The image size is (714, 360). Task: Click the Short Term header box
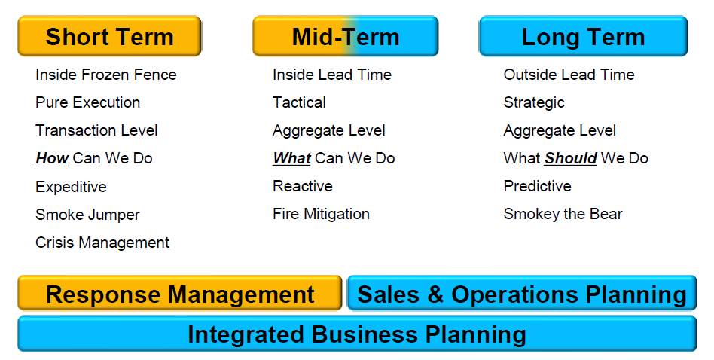tap(109, 36)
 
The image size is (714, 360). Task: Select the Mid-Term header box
tap(346, 36)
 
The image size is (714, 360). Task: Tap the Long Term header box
tap(583, 36)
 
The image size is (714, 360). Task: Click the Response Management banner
tap(180, 294)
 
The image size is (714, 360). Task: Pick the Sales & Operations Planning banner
tap(522, 294)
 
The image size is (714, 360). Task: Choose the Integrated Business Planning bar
tap(357, 334)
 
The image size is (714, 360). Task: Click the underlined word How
tap(52, 158)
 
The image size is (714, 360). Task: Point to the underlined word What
tap(292, 158)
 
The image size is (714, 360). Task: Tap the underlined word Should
tap(571, 158)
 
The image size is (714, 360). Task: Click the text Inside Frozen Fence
tap(106, 75)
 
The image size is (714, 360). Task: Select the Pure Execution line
tap(88, 103)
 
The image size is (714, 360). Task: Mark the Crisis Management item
tap(102, 243)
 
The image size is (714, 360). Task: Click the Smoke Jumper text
tap(88, 215)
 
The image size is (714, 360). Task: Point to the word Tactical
tap(299, 102)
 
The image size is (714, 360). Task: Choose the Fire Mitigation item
tap(321, 214)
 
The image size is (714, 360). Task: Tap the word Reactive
tap(303, 186)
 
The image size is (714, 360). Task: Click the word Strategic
tap(534, 103)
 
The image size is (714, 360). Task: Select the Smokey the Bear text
tap(563, 214)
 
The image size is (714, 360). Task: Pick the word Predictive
tap(538, 186)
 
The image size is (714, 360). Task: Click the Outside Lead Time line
tap(569, 75)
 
